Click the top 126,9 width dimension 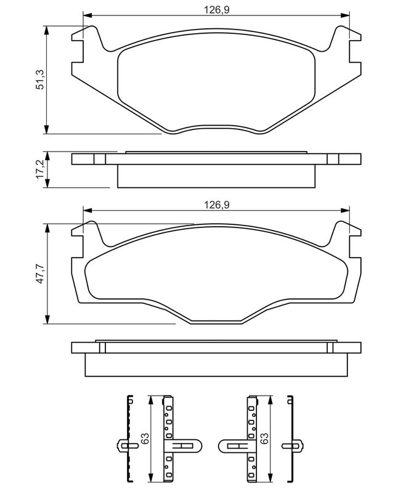217,10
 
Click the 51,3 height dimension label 41,80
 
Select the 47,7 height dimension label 41,274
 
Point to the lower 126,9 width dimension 217,205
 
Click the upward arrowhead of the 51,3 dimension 47,30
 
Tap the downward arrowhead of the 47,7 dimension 47,319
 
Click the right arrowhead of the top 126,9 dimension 345,15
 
